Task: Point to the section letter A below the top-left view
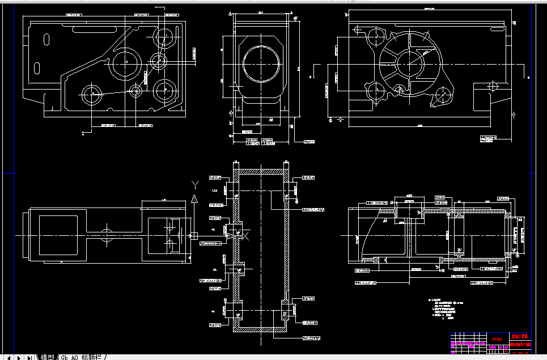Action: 83,134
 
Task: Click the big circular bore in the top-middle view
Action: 262,63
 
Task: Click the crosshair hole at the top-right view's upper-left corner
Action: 357,28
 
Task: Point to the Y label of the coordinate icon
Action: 194,184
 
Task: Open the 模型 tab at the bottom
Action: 47,357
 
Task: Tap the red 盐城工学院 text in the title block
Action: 521,337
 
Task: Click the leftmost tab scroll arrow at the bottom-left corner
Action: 9,357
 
